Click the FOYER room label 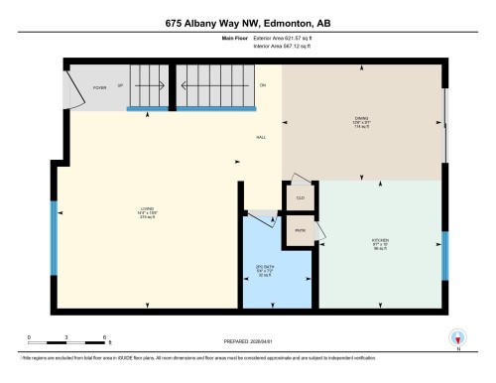[100, 87]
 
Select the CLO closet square [299, 197]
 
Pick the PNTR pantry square [299, 231]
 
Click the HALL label [261, 137]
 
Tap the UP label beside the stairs [121, 87]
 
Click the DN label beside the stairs [263, 86]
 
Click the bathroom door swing [260, 219]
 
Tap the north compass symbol [457, 336]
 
